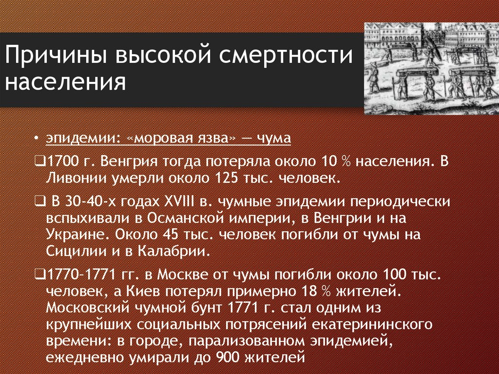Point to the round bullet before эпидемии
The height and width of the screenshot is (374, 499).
click(38, 138)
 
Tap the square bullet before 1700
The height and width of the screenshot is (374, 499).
click(40, 161)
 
